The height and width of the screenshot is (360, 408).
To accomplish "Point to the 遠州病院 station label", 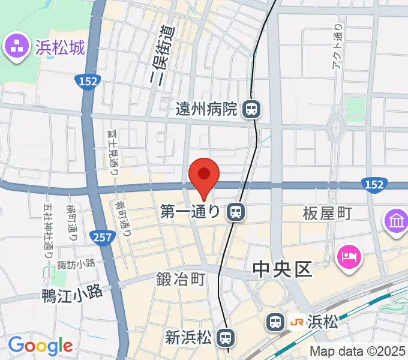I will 207,109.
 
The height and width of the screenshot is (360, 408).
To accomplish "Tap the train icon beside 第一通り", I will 235,211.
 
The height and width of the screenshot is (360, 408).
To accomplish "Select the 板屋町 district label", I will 327,212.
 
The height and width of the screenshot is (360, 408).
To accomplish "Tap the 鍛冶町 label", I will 181,279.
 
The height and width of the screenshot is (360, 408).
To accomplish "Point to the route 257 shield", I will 103,238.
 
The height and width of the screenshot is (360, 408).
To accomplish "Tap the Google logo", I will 40,346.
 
